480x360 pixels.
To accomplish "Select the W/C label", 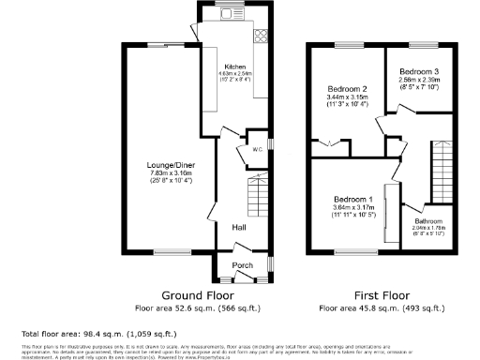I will [x=255, y=148].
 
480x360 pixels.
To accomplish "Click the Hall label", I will [x=240, y=226].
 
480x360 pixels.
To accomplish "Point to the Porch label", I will [x=242, y=265].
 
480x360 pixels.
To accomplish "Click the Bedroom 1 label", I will [x=352, y=199].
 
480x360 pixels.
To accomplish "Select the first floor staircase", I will [x=438, y=168].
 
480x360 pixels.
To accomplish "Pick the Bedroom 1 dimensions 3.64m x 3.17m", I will [x=352, y=207].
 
